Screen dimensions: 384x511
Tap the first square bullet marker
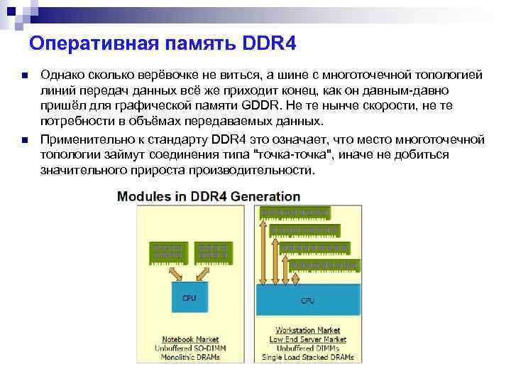(24, 75)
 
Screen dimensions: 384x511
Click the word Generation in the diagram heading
(265, 196)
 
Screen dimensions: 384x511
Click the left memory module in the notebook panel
(168, 251)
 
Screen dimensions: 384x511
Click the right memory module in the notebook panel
(211, 251)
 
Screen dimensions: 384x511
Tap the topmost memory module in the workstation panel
(295, 213)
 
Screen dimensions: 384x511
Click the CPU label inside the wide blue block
(307, 302)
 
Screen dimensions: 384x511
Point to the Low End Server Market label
(308, 339)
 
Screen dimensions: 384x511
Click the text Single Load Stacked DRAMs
(308, 357)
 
